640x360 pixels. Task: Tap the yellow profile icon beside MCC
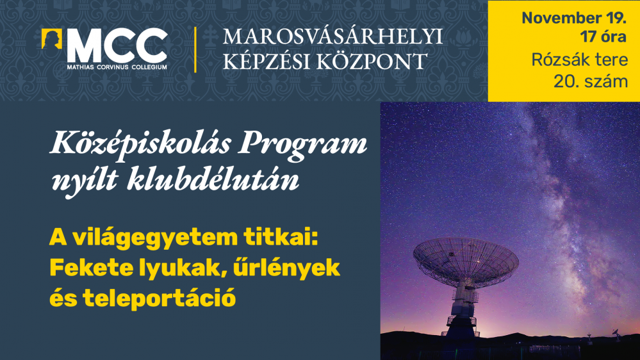(52, 40)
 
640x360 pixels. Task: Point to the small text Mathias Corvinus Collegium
(117, 66)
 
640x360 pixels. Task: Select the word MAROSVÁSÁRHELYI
(332, 37)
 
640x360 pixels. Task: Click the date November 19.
(564, 17)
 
